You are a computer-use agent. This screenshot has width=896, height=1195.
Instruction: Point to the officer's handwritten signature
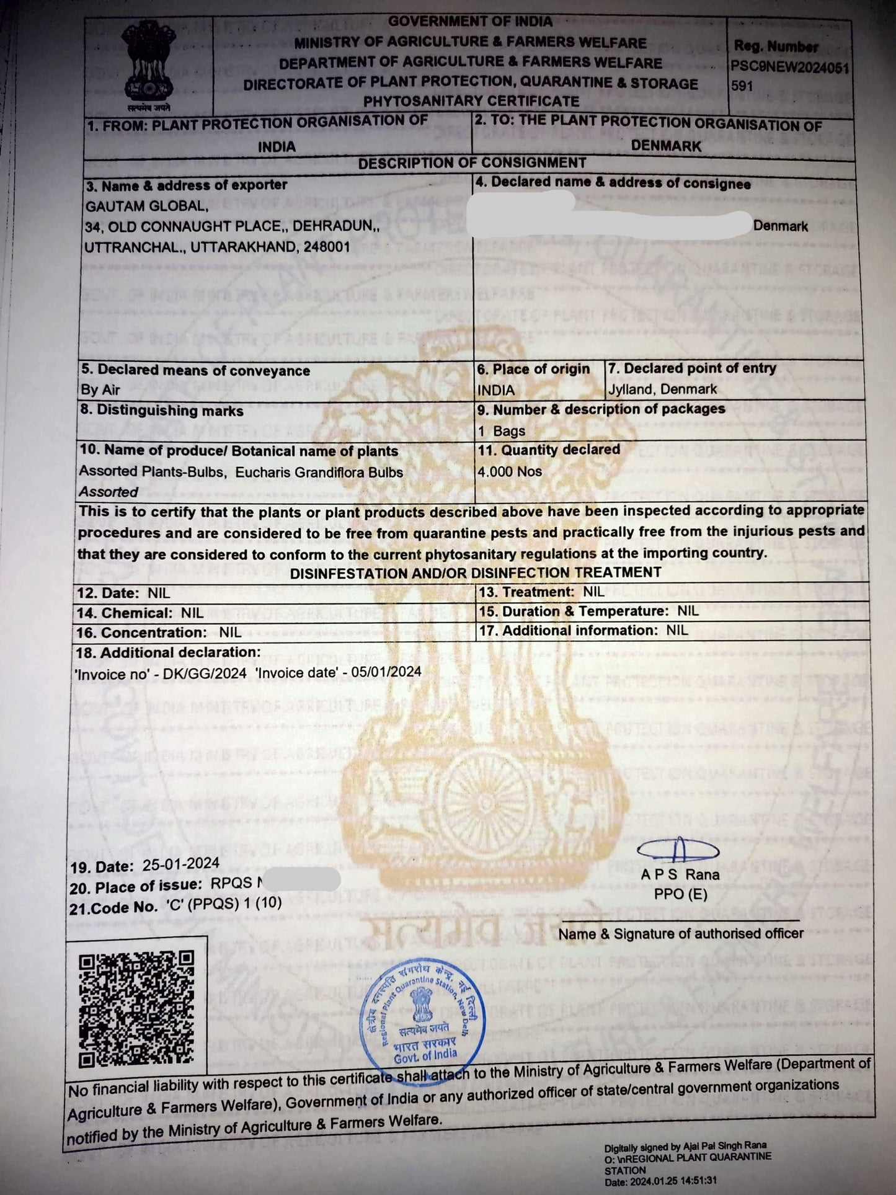(x=678, y=849)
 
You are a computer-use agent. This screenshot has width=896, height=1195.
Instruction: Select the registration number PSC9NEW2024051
(x=790, y=67)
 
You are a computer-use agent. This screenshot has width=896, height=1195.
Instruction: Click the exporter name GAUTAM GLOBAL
(x=146, y=206)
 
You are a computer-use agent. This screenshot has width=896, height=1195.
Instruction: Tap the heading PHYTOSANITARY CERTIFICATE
(x=471, y=100)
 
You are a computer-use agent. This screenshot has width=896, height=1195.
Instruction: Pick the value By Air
(x=100, y=390)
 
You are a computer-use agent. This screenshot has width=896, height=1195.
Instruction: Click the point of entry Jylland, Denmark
(x=662, y=389)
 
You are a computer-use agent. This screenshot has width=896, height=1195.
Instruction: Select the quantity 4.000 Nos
(x=509, y=471)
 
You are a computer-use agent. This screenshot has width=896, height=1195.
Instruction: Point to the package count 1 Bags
(x=502, y=431)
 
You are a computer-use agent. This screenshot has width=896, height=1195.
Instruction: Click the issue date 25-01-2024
(x=180, y=864)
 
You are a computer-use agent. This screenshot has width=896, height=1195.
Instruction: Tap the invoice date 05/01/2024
(x=386, y=672)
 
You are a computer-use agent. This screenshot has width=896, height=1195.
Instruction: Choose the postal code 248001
(x=327, y=247)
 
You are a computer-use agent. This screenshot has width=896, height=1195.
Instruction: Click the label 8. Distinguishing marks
(x=161, y=411)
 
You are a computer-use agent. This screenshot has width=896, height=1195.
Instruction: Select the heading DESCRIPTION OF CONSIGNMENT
(x=471, y=163)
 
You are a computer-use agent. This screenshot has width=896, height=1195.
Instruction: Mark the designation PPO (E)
(x=680, y=894)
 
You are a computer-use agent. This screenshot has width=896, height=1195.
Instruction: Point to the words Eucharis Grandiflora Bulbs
(x=319, y=472)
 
